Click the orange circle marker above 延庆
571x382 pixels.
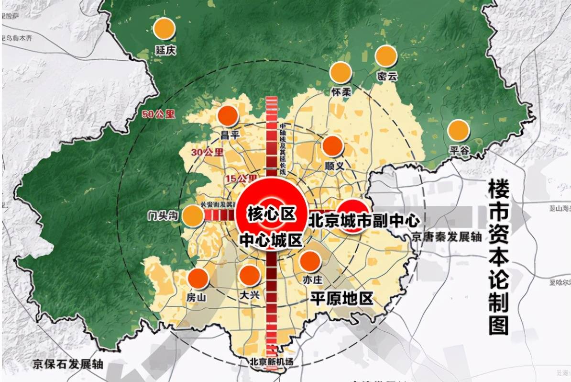pos(164,29)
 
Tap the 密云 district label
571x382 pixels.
pos(387,76)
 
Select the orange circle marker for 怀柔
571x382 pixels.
pos(341,72)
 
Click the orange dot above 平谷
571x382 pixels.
pos(458,130)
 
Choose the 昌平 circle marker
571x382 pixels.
pos(228,115)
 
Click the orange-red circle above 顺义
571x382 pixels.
pos(333,146)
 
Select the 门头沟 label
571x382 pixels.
pos(163,216)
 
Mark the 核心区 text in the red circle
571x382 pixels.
pos(271,213)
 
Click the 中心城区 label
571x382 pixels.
pos(271,240)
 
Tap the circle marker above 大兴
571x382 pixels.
pos(249,275)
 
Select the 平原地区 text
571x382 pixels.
pos(341,298)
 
